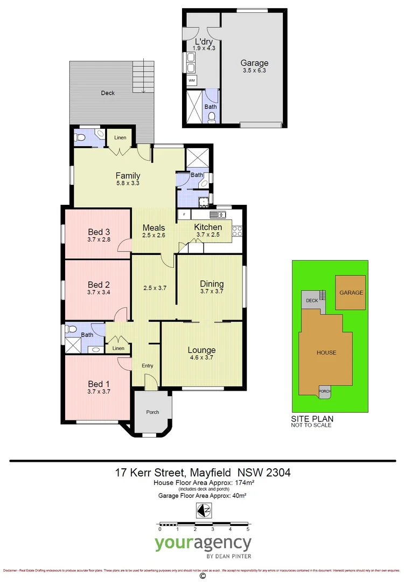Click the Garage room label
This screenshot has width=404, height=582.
255,63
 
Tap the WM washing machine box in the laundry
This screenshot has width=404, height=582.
192,81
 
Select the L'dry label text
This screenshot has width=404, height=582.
203,42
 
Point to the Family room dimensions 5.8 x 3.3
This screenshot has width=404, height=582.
128,183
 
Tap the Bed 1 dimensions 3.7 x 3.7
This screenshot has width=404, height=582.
99,392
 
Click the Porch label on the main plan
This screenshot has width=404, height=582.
152,412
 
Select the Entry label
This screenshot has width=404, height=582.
147,366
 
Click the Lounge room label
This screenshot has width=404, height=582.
201,350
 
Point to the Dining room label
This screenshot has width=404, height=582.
212,284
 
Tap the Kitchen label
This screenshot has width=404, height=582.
208,227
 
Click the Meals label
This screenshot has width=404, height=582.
154,227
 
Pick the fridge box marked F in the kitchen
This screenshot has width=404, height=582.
184,215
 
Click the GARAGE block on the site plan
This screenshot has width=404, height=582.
351,293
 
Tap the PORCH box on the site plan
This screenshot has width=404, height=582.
325,392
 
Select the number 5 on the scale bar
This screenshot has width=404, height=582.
248,530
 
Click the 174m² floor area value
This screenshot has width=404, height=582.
243,483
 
